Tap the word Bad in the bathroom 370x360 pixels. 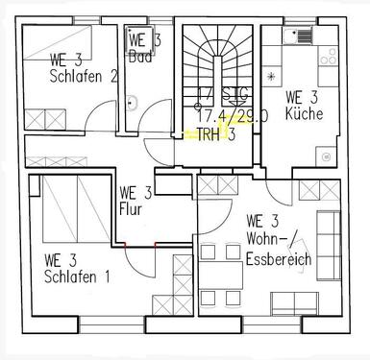(x=140, y=57)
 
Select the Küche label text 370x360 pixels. (x=305, y=114)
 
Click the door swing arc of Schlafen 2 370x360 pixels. (x=99, y=118)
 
